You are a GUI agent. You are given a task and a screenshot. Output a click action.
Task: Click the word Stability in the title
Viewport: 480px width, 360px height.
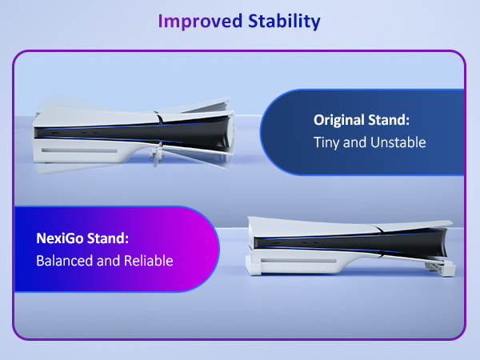click(x=280, y=21)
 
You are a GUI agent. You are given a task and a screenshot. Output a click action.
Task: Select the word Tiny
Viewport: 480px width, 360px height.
click(x=326, y=142)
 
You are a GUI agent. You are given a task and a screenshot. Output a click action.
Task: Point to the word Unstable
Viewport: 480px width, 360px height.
click(x=396, y=142)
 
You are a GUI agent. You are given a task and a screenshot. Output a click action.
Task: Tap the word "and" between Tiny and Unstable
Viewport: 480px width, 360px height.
click(x=356, y=142)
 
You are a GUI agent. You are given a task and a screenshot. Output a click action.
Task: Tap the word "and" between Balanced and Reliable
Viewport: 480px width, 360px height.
click(x=109, y=260)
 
